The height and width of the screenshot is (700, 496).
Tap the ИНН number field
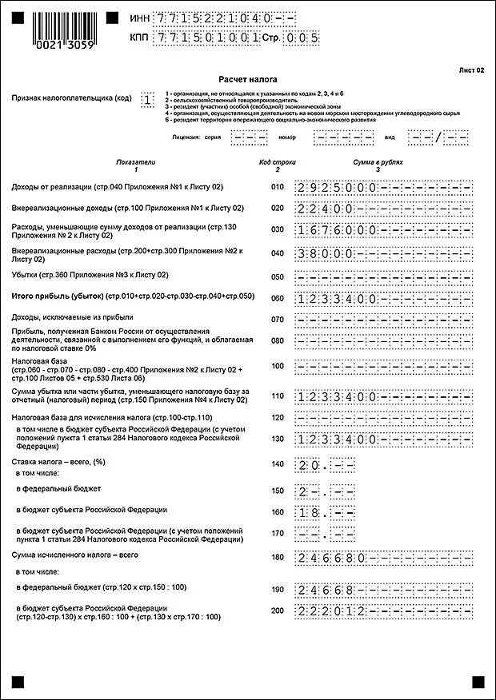pos(223,18)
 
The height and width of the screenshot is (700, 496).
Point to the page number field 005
pos(303,37)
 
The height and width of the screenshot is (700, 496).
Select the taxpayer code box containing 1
pos(147,100)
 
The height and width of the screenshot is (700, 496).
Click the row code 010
pos(277,187)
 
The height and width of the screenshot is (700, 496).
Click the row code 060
pos(277,297)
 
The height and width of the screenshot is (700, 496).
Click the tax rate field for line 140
pos(325,464)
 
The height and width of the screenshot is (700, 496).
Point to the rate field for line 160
pos(325,511)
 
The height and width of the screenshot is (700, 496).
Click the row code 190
pos(277,589)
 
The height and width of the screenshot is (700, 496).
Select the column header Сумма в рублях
pos(378,162)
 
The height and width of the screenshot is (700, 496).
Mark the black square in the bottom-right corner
pos(478,681)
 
